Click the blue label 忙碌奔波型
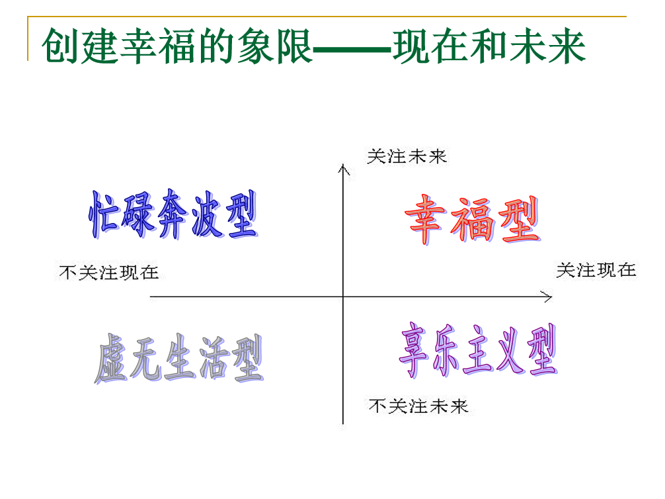[173, 214]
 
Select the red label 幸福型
[472, 220]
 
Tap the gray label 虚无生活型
[178, 358]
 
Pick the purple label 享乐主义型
[477, 349]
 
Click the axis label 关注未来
[407, 157]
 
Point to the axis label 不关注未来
[418, 406]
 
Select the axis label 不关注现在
[108, 272]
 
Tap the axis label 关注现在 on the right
[596, 270]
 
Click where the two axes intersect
[343, 297]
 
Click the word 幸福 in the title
[158, 46]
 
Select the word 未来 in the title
[548, 46]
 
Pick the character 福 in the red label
[472, 220]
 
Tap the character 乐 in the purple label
[446, 350]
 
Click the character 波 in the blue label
[207, 215]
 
